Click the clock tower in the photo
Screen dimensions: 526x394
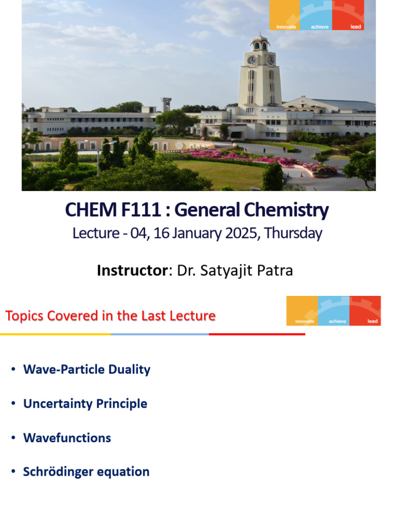(x=260, y=77)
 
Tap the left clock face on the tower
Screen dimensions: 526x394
(x=252, y=60)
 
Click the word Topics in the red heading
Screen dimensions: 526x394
(x=24, y=315)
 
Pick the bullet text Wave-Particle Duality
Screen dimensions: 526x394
(x=87, y=369)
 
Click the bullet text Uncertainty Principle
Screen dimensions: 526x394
(x=85, y=404)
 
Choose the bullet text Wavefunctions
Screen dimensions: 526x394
(x=67, y=438)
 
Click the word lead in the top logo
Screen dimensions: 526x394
(x=356, y=27)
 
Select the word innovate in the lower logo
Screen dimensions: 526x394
(x=302, y=322)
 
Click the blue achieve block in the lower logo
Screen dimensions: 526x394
(x=334, y=311)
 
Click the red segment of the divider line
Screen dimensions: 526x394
(x=257, y=334)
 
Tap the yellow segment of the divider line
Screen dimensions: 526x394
(x=55, y=334)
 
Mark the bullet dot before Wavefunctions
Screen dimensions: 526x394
(x=13, y=438)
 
